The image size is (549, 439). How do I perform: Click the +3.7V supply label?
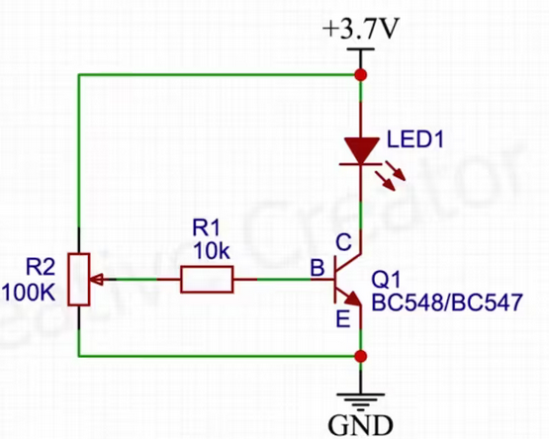pyautogui.click(x=361, y=28)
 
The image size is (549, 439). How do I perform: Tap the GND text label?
pyautogui.click(x=360, y=425)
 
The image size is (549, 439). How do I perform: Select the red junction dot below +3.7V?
pyautogui.click(x=361, y=75)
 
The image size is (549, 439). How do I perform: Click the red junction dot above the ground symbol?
pyautogui.click(x=361, y=356)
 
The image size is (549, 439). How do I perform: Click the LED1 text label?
pyautogui.click(x=415, y=139)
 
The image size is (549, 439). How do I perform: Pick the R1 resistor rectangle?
pyautogui.click(x=207, y=280)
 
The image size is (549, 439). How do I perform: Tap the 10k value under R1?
pyautogui.click(x=211, y=251)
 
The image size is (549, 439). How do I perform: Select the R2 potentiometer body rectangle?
pyautogui.click(x=79, y=280)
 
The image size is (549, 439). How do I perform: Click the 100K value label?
pyautogui.click(x=29, y=293)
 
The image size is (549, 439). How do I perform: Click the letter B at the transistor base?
pyautogui.click(x=318, y=268)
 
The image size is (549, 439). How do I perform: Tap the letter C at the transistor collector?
pyautogui.click(x=343, y=242)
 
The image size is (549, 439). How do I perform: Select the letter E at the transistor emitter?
pyautogui.click(x=343, y=319)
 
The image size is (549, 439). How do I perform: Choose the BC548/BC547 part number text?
pyautogui.click(x=447, y=303)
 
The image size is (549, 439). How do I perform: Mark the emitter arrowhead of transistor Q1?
pyautogui.click(x=353, y=300)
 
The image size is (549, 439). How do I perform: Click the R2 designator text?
pyautogui.click(x=41, y=268)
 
